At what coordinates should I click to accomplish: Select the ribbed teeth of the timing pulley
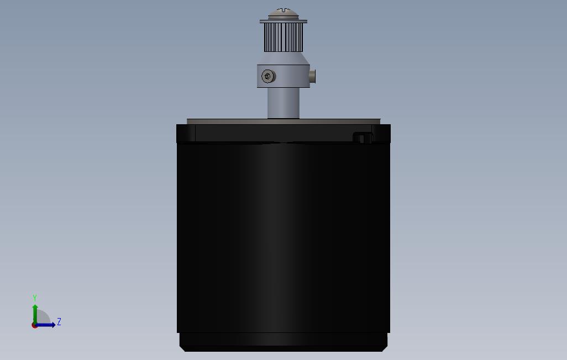pos(283,38)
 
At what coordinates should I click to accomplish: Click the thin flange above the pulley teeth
pos(283,22)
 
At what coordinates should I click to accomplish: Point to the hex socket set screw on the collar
pos(268,76)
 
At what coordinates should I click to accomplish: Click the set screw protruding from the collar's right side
pos(313,76)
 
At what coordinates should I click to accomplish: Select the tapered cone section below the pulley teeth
pos(283,59)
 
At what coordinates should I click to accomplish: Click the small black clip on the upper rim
pos(362,137)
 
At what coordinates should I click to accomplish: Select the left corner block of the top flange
pos(186,133)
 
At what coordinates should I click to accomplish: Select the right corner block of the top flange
pos(382,133)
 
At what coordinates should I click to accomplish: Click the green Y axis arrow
pos(35,312)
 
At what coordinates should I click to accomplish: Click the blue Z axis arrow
pos(48,325)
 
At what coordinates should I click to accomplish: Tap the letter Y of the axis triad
pos(35,298)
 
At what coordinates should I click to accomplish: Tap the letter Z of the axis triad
pos(59,322)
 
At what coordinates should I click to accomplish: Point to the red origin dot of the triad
pos(34,325)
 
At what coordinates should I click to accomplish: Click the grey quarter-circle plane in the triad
pos(42,319)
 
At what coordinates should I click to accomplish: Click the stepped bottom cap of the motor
pos(283,341)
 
